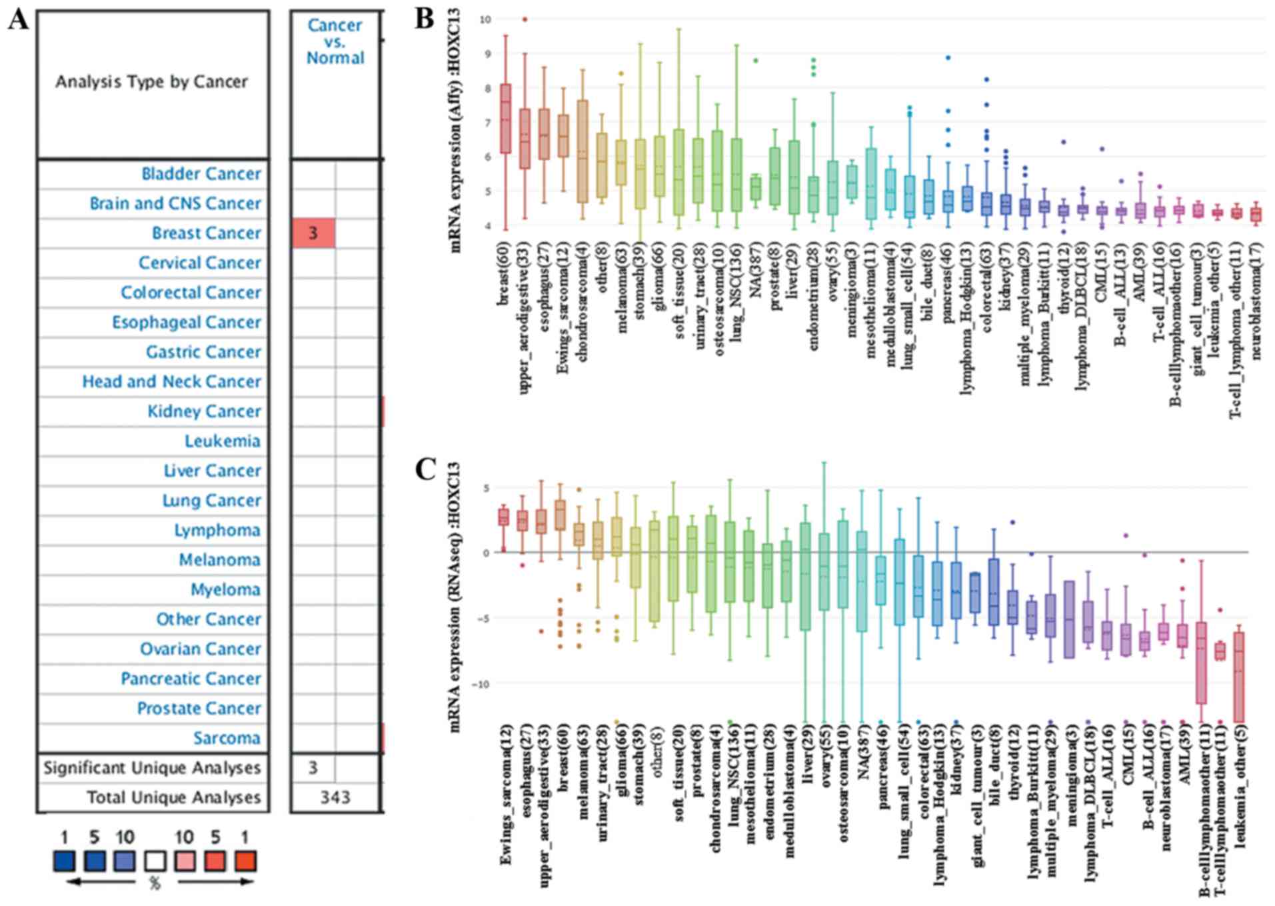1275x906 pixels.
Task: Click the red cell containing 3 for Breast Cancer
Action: pyautogui.click(x=313, y=233)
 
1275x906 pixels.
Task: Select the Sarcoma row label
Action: pyautogui.click(x=227, y=738)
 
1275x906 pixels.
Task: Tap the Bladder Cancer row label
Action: pyautogui.click(x=201, y=174)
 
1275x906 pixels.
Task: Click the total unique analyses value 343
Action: pyautogui.click(x=335, y=797)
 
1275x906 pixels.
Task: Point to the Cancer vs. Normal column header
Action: pyautogui.click(x=335, y=41)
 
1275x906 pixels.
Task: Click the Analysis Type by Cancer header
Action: pyautogui.click(x=151, y=82)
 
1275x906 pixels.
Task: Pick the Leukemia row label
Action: pyautogui.click(x=222, y=441)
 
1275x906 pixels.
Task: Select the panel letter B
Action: pyautogui.click(x=425, y=19)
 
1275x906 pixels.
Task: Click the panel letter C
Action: pyautogui.click(x=425, y=470)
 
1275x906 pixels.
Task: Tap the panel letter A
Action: pyautogui.click(x=19, y=20)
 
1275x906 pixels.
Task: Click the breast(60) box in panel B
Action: pyautogui.click(x=505, y=119)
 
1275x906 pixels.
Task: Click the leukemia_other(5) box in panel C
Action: pyautogui.click(x=1239, y=677)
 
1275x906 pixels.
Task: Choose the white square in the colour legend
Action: pyautogui.click(x=155, y=861)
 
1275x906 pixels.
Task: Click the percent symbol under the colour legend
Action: pyautogui.click(x=155, y=884)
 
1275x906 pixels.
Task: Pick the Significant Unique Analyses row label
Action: pyautogui.click(x=152, y=768)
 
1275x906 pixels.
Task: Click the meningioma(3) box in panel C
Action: pyautogui.click(x=1068, y=619)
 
